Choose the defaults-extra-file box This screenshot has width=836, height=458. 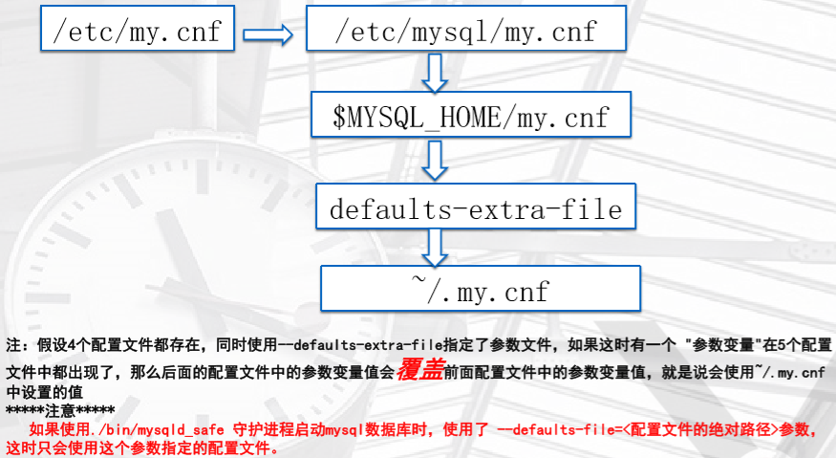[475, 207]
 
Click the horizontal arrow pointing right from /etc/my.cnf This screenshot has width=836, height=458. [267, 33]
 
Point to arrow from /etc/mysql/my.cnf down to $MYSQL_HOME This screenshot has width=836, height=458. [436, 71]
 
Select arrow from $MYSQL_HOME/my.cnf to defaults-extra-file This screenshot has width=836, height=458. [436, 159]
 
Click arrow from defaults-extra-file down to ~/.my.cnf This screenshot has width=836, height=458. [436, 247]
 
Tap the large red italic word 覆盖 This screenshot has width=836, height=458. [419, 369]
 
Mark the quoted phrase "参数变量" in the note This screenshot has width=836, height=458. [717, 343]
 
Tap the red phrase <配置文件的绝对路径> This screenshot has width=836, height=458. [701, 430]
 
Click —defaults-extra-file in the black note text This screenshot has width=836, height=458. [348, 343]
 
